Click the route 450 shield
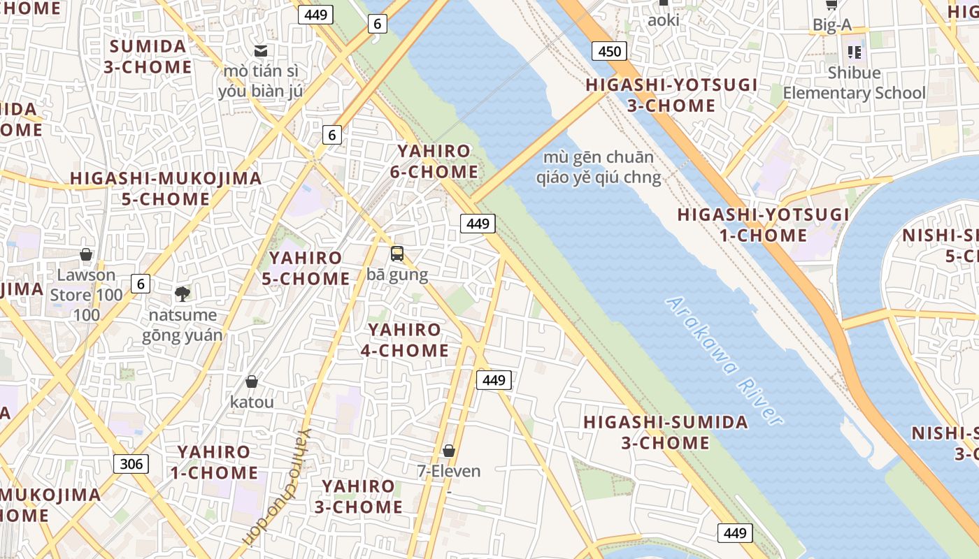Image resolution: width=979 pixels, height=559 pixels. click(x=609, y=51)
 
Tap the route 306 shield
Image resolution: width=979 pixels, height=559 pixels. click(x=131, y=463)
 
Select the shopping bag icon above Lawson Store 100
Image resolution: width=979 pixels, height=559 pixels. click(x=86, y=254)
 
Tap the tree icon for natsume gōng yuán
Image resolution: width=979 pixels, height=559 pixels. click(x=183, y=293)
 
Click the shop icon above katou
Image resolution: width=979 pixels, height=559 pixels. click(x=252, y=382)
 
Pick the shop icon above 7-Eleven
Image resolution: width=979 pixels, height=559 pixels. click(x=449, y=451)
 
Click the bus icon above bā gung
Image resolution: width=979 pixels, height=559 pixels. click(x=397, y=254)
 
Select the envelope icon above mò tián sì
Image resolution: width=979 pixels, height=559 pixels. click(x=261, y=50)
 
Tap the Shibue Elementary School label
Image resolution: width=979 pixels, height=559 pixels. click(x=854, y=83)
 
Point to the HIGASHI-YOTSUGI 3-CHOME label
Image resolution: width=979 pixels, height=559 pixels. click(x=671, y=95)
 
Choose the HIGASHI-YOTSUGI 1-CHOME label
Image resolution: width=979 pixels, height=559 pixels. click(x=764, y=224)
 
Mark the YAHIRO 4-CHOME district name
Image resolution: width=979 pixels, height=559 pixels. click(x=405, y=340)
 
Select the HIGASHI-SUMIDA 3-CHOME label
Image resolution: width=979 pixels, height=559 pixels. click(x=666, y=433)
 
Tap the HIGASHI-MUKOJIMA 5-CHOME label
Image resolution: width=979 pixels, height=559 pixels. click(x=166, y=189)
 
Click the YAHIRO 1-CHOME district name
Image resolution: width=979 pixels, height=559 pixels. click(x=214, y=462)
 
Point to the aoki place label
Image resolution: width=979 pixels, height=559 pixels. click(x=664, y=20)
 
